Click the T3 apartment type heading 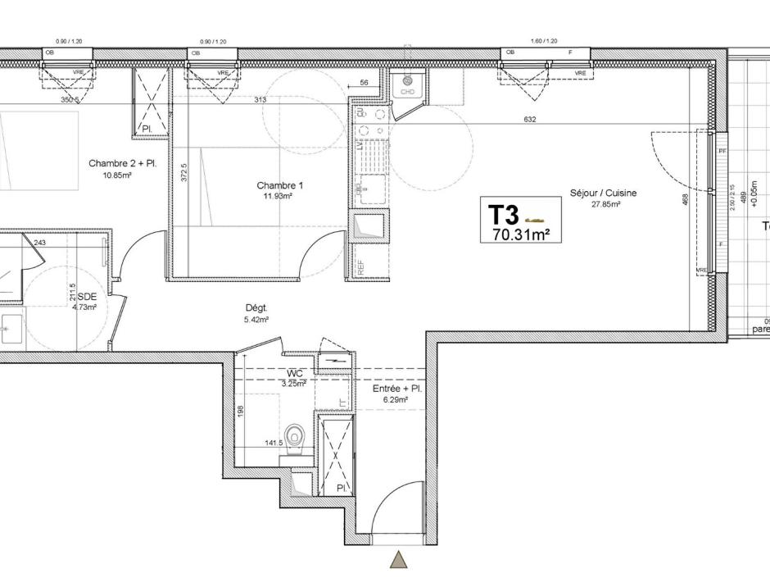[504, 216]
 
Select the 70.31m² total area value [520, 234]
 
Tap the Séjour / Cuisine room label [603, 193]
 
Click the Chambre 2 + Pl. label [122, 164]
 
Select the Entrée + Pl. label [396, 389]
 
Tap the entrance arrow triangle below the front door [399, 560]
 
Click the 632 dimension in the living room [530, 120]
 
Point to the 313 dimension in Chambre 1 [260, 100]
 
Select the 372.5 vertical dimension [185, 171]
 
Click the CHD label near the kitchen [407, 92]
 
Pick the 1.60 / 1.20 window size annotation [543, 41]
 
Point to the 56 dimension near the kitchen [364, 84]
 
